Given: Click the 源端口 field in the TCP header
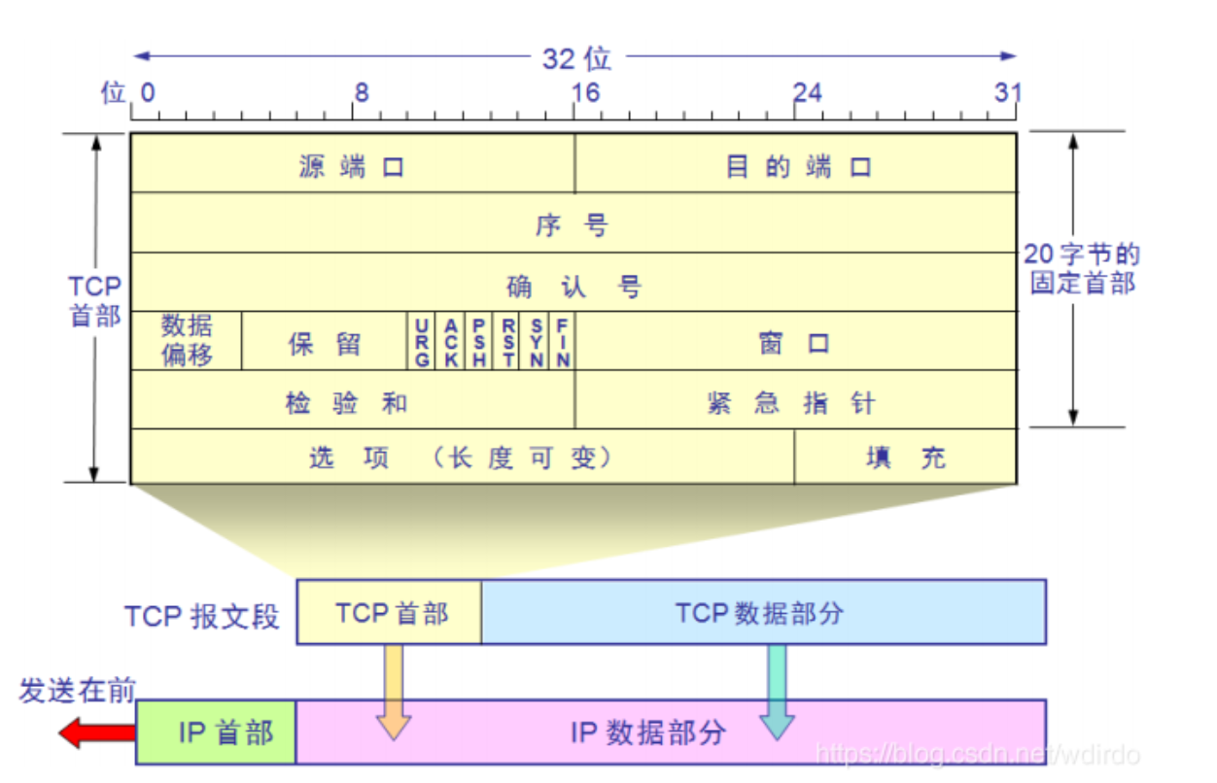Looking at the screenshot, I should click(352, 165).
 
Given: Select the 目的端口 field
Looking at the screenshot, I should click(797, 165).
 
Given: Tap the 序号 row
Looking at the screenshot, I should click(574, 224).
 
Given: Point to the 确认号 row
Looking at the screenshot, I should click(574, 285).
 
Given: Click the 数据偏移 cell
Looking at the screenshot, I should click(187, 340).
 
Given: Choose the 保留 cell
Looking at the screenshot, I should click(325, 342).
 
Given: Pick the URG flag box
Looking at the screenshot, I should click(421, 341).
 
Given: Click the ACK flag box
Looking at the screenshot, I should click(450, 341).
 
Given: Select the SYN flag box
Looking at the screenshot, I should click(537, 341).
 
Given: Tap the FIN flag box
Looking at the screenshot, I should click(563, 341).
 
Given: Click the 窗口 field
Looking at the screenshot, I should click(795, 342).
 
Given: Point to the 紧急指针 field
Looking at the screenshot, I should click(795, 400).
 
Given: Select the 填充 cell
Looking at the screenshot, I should click(906, 457).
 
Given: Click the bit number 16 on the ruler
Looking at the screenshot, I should click(585, 92).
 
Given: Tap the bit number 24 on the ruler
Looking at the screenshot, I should click(807, 92).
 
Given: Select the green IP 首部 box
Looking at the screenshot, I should click(216, 732).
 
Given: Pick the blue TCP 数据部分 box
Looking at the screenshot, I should click(763, 612).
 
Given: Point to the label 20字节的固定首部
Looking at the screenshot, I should click(1083, 269).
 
